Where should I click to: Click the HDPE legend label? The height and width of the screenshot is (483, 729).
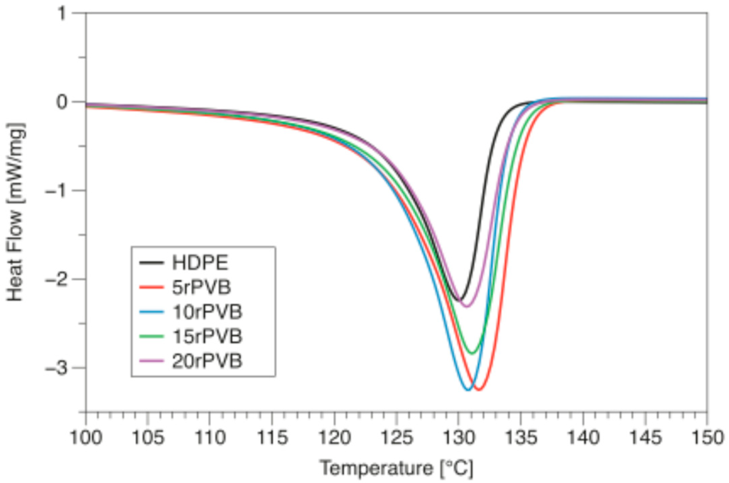200,263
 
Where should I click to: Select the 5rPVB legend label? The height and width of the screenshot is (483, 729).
201,288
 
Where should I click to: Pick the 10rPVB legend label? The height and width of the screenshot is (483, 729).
207,312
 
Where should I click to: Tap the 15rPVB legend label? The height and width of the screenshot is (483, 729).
207,336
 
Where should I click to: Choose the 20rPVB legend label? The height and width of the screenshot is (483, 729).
207,361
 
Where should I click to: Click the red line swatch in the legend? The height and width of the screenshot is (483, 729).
151,288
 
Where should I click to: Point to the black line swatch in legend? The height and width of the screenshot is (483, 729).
151,263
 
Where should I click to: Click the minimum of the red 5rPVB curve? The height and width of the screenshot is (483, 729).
479,390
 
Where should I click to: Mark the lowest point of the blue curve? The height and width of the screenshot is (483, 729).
468,390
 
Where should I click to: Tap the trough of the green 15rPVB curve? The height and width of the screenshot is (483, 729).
472,353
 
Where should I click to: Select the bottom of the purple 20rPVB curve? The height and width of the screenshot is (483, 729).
467,306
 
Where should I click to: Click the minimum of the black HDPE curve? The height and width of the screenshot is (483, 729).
459,300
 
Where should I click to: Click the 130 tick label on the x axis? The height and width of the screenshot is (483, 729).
458,438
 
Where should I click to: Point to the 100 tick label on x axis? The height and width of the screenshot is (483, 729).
86,438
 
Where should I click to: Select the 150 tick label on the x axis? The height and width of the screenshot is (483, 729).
706,438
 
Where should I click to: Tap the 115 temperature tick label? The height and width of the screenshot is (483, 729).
272,438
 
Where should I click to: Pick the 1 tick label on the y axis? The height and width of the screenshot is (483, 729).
63,14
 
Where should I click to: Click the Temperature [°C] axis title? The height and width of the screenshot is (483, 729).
396,468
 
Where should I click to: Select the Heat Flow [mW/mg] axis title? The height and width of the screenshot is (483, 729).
15,212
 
